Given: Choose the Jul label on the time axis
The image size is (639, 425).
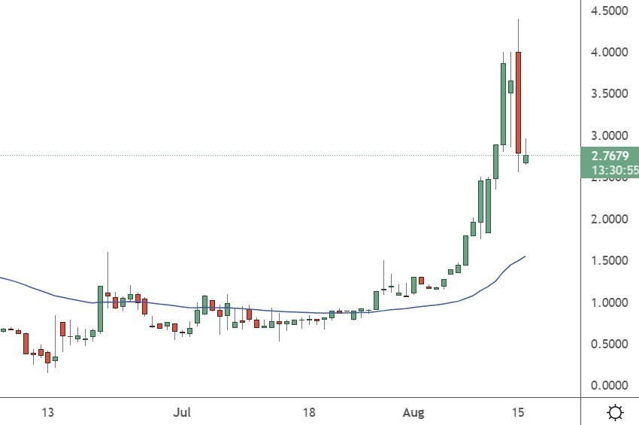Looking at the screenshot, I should (x=181, y=413).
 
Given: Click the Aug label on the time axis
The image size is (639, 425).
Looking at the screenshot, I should (x=414, y=413).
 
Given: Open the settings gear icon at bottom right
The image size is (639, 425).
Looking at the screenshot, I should (x=615, y=412).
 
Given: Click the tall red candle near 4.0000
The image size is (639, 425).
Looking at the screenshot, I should (x=519, y=102).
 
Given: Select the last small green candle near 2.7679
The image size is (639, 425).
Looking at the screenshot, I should (x=526, y=159).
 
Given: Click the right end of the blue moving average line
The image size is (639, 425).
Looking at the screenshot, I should (x=525, y=257).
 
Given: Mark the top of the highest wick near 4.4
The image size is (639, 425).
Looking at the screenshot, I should (x=519, y=19).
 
